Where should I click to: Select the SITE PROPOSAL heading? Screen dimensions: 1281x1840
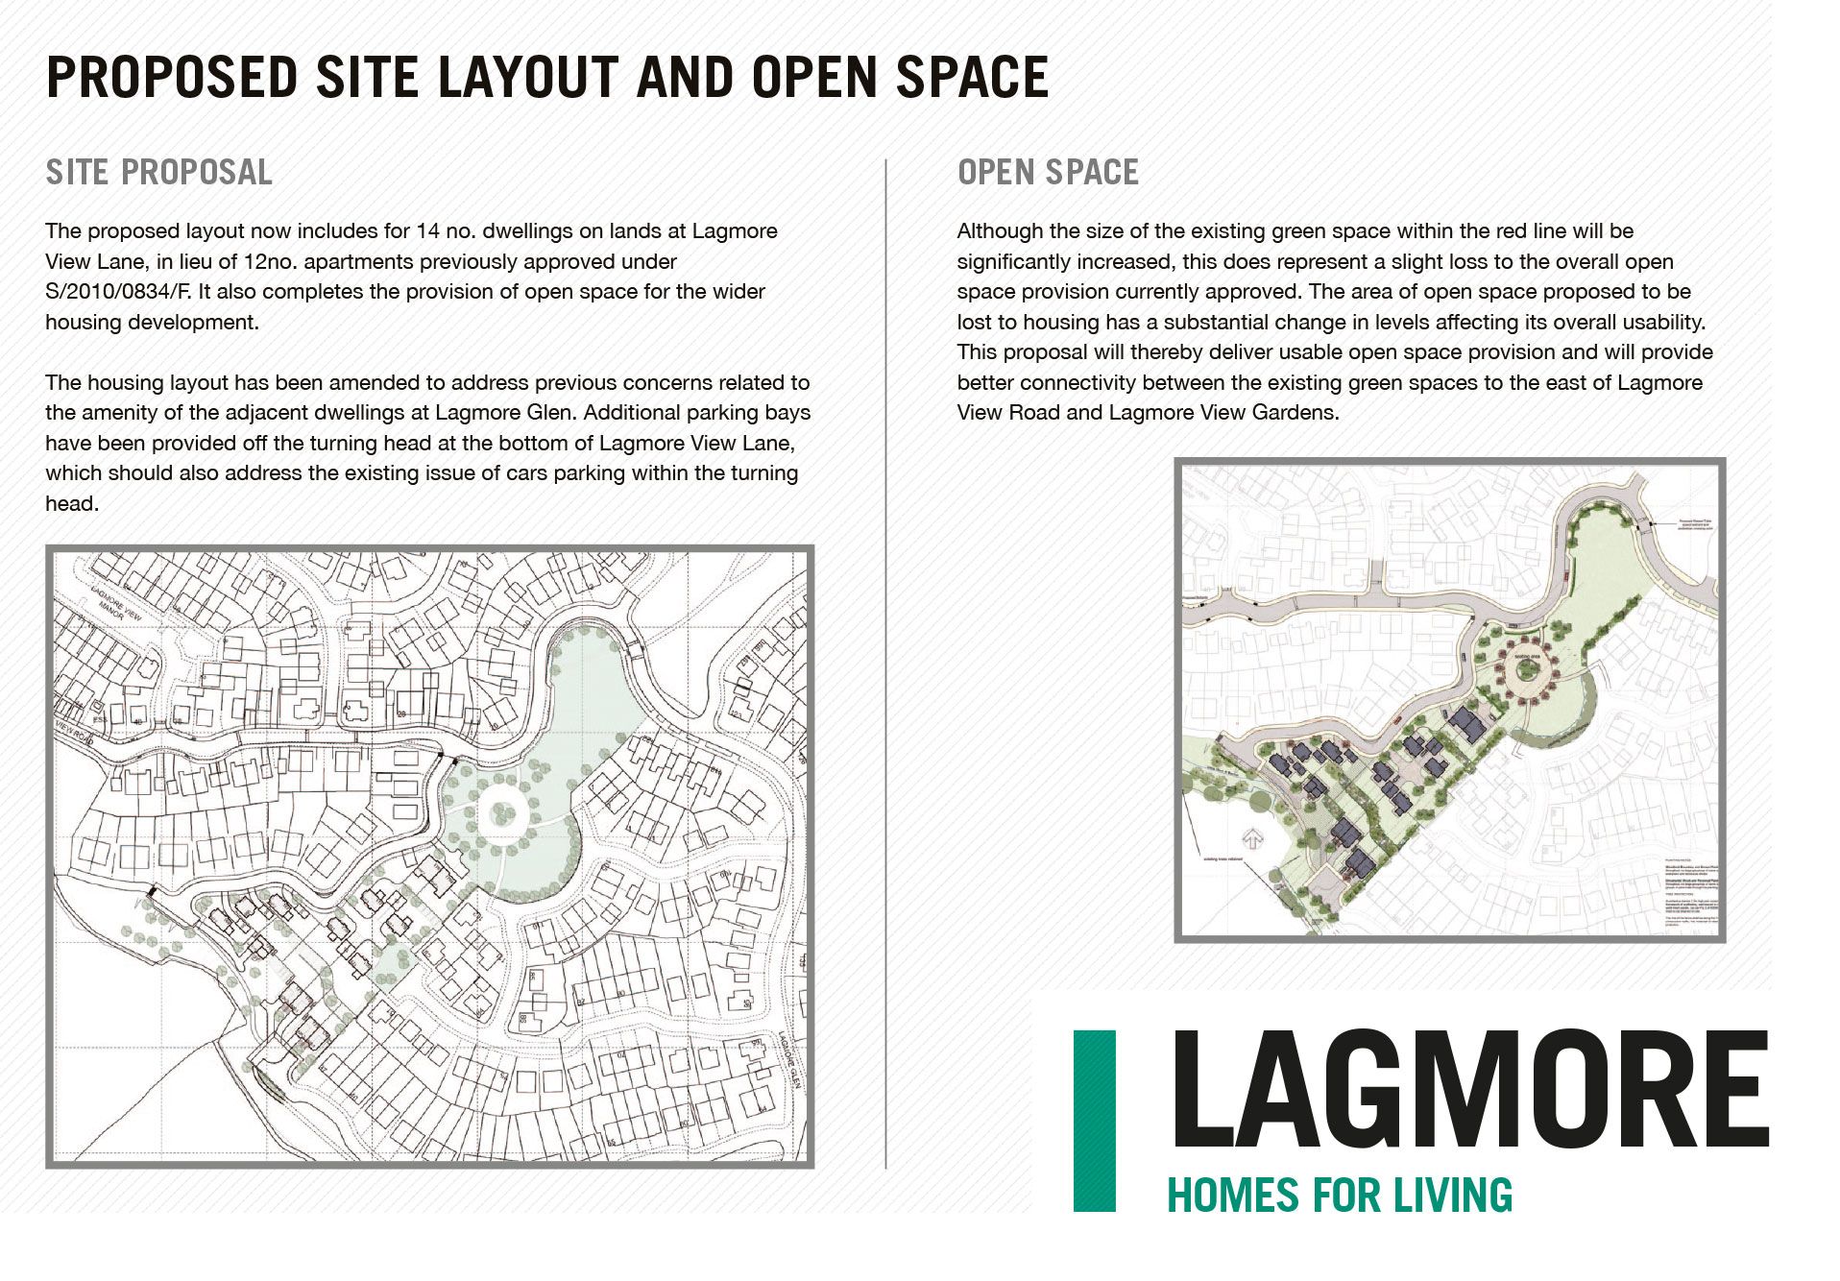coord(159,173)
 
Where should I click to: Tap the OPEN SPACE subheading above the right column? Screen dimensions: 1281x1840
coord(1048,173)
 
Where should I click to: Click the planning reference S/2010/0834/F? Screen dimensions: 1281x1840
coord(118,292)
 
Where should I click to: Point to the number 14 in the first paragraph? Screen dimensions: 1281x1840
coord(426,231)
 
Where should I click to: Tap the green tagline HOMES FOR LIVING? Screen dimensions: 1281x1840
coord(1339,1196)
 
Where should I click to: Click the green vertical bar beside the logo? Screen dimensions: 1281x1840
coord(1094,1120)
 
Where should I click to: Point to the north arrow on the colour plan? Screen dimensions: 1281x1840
coord(1253,838)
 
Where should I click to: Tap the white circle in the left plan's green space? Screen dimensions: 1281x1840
coord(501,814)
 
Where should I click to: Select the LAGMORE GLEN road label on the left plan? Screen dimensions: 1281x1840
coord(788,1060)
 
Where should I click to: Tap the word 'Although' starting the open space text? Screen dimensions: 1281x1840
coord(1000,231)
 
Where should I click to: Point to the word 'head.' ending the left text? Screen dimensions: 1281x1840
coord(72,504)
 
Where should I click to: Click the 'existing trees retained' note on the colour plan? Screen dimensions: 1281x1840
coord(1223,859)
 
